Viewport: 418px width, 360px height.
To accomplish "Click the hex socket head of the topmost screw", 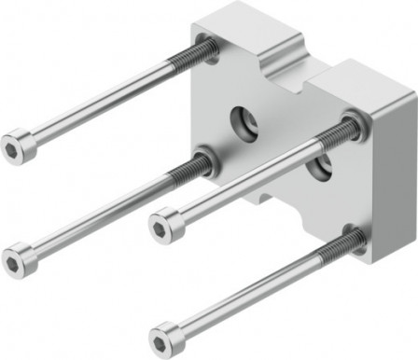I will tap(20, 146).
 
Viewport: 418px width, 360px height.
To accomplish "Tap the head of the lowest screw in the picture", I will tap(165, 335).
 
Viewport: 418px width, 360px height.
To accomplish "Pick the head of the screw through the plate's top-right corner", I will tap(165, 223).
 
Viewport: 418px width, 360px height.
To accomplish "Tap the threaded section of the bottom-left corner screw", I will tap(191, 170).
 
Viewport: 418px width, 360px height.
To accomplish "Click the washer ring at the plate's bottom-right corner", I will tap(354, 233).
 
